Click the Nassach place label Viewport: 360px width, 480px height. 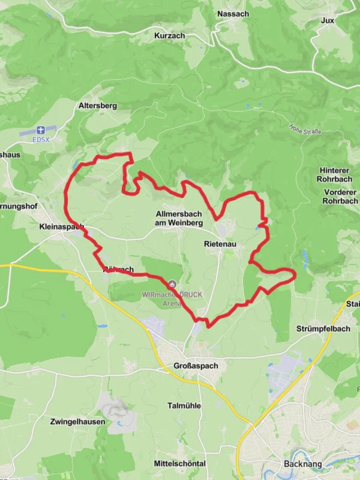click(x=233, y=14)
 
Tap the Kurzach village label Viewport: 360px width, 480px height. click(x=169, y=36)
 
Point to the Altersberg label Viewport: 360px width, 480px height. click(x=98, y=106)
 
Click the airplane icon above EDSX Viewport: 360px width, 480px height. click(x=41, y=130)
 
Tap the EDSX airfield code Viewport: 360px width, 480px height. click(x=41, y=139)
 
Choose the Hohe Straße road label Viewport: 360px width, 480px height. click(x=305, y=129)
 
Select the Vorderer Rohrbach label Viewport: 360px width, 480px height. click(x=340, y=196)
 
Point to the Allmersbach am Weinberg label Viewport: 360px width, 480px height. click(x=179, y=218)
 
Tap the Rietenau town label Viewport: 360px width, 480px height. click(x=220, y=244)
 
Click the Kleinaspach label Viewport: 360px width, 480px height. click(x=61, y=226)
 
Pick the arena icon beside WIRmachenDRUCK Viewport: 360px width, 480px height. click(x=172, y=284)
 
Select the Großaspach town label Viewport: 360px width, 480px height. click(x=196, y=366)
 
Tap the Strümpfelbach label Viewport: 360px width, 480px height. click(x=323, y=329)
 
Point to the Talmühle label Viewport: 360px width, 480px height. click(x=184, y=405)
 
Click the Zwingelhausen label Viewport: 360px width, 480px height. click(x=78, y=421)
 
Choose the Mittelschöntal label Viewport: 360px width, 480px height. click(x=180, y=464)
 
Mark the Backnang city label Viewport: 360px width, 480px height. click(x=302, y=464)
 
